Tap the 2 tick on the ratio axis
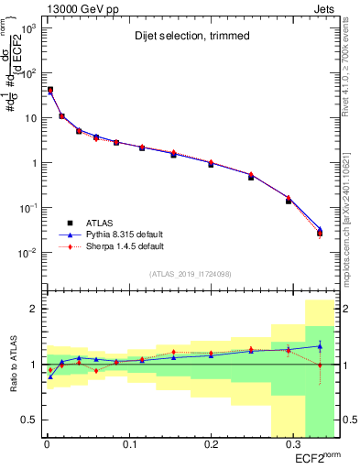tap(32, 310)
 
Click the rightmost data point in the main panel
tap(320, 233)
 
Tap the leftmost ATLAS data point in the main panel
tap(49, 90)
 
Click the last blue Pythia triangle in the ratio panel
tap(320, 346)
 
